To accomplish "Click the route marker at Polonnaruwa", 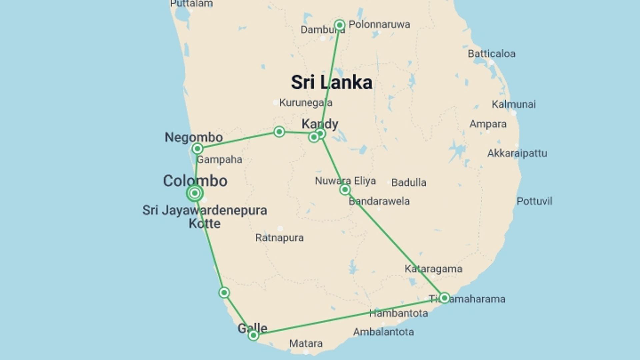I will [x=340, y=25].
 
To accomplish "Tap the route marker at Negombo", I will [x=197, y=148].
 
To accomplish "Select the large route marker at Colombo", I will [x=195, y=193].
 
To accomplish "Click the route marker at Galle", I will [x=253, y=335].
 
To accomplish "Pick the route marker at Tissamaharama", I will [x=444, y=298].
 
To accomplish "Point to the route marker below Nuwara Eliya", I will [x=345, y=190].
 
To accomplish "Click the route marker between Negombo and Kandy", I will [x=279, y=132].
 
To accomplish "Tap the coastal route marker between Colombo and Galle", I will [x=224, y=293].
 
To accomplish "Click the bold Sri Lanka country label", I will [x=331, y=82].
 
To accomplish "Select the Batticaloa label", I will [x=491, y=54].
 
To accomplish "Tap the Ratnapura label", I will [x=279, y=238].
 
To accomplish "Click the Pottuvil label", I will [x=534, y=201].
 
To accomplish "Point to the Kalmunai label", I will [x=514, y=104].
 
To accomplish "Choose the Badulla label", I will [x=409, y=183].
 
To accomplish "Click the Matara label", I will [x=306, y=343].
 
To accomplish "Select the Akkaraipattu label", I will [x=517, y=153].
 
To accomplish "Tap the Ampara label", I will [x=488, y=124].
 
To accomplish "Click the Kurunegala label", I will [x=305, y=103].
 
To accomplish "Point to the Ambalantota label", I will [x=383, y=332].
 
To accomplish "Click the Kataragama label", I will [x=433, y=269].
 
